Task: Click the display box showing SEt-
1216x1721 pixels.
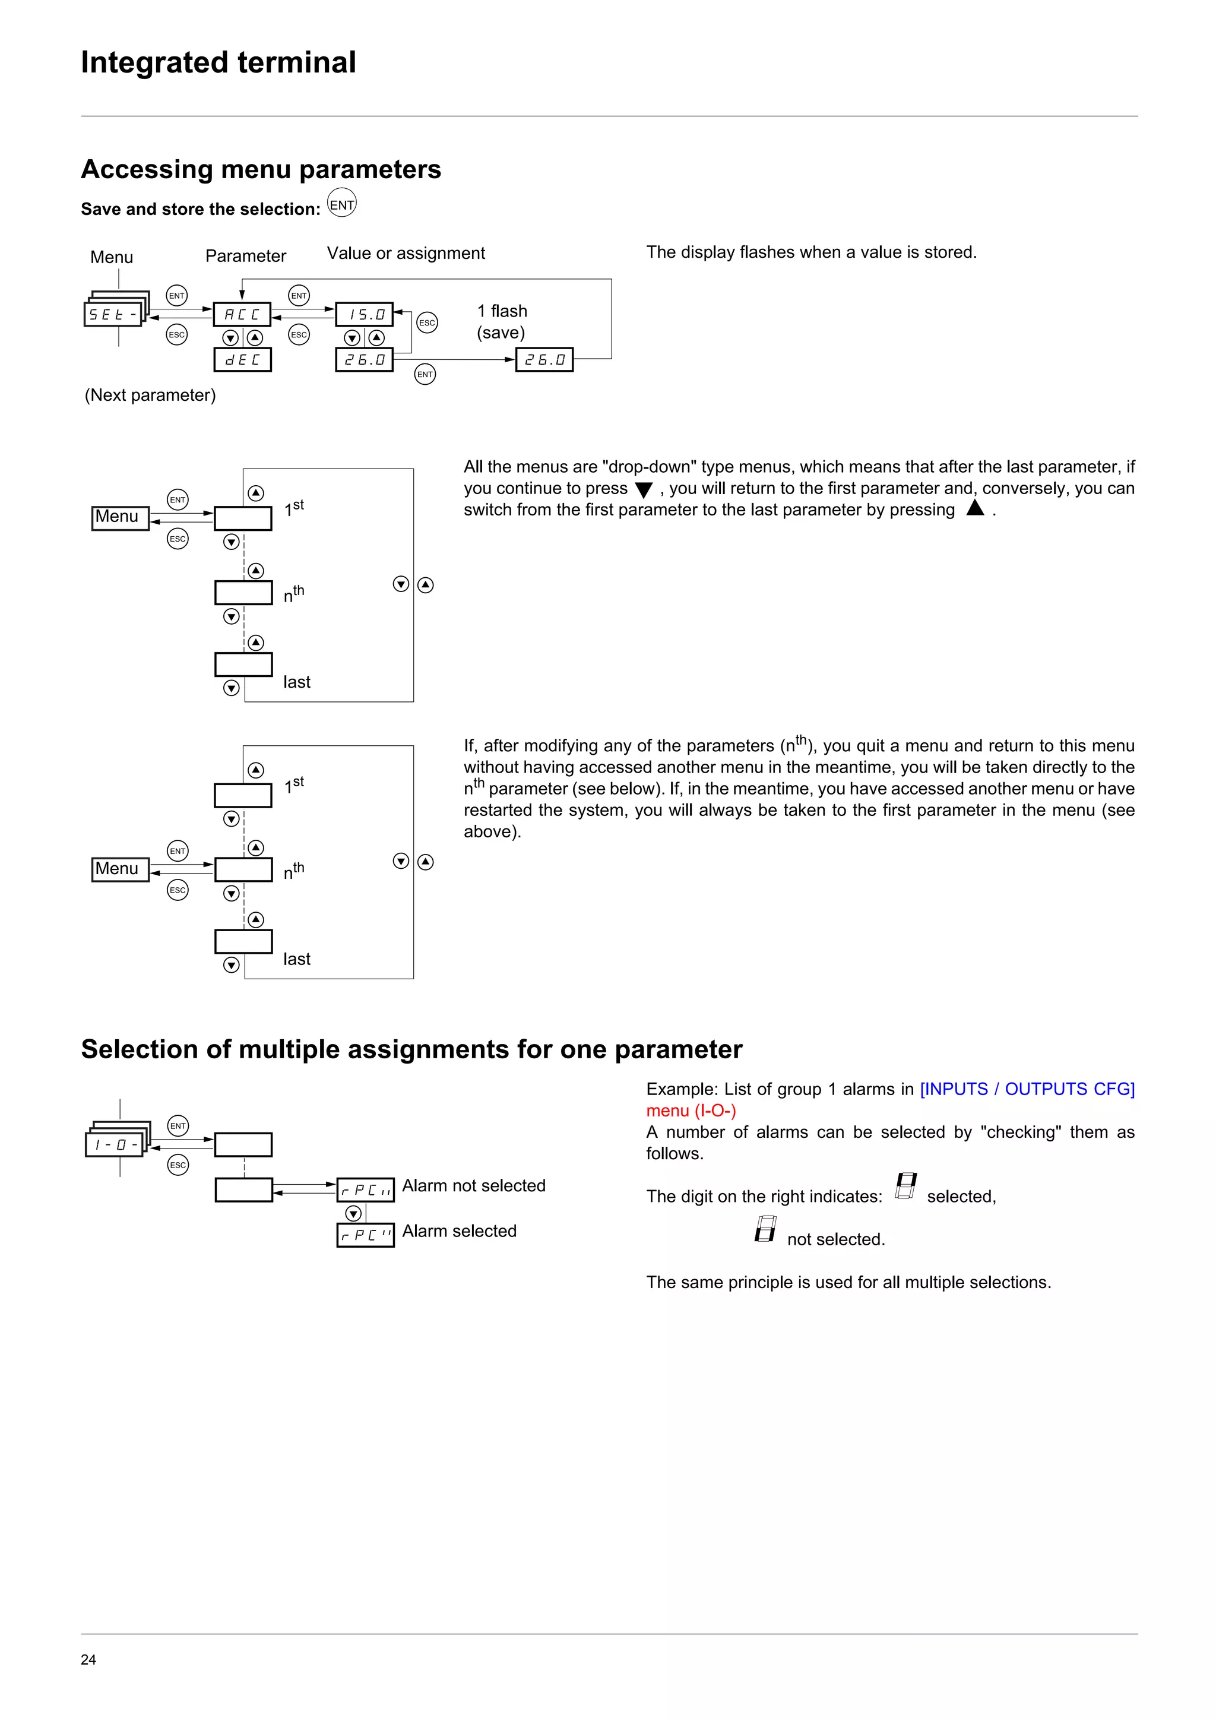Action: coord(112,314)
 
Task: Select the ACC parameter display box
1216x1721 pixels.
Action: coord(242,314)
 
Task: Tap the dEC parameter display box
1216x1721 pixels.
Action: coord(243,360)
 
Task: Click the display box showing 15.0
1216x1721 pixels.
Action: coord(364,314)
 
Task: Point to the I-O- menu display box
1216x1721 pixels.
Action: coord(115,1144)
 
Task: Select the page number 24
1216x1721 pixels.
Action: coord(88,1659)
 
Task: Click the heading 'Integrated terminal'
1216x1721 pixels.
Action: coord(218,62)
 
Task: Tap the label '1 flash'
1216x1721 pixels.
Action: coord(502,311)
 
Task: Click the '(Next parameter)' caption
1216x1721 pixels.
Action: coord(150,395)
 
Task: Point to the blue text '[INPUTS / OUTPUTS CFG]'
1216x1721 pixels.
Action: coord(1027,1089)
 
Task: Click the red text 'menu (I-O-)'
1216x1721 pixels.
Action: coord(691,1111)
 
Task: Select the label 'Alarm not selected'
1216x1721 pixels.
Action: coord(473,1186)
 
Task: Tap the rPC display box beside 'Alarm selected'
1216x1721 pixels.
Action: coord(366,1235)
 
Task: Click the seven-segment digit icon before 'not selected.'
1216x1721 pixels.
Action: coord(765,1229)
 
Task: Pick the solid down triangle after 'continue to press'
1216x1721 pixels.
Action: coord(644,490)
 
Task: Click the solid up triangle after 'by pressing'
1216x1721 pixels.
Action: coord(975,508)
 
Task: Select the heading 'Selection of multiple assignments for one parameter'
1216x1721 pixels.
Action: coord(411,1049)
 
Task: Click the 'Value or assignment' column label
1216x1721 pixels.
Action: coord(406,254)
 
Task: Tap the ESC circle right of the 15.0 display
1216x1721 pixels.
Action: coord(427,323)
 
